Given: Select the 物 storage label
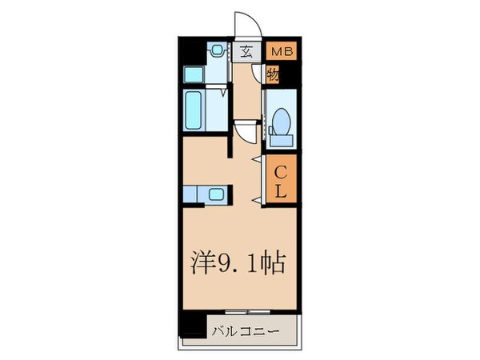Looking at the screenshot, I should coord(272,75).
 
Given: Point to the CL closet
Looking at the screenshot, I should coord(282,181).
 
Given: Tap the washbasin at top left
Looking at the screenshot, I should coord(215,50).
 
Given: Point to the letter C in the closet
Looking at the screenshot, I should coord(282,170).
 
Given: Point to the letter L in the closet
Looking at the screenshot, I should coord(282,191).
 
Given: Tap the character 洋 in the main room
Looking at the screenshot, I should coord(205,264).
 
